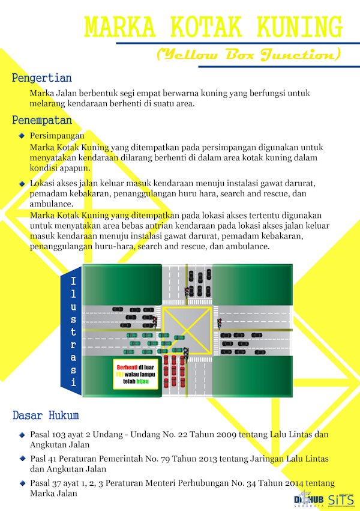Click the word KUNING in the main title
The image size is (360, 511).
tap(299, 28)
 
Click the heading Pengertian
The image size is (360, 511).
tap(42, 78)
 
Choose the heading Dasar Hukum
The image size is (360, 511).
tap(46, 415)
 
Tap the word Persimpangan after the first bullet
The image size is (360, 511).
tap(57, 136)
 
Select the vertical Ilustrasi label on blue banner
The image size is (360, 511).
tap(72, 331)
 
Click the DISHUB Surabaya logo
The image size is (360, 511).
tap(306, 500)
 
